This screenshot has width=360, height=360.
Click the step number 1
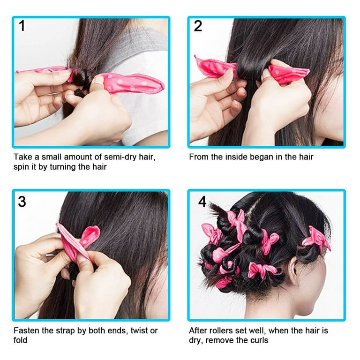point(22,26)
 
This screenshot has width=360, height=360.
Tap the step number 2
point(198,26)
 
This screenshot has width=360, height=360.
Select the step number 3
point(22,202)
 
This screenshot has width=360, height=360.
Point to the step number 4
point(202,202)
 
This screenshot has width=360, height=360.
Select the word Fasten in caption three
point(26,330)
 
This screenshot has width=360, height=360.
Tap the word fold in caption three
point(20,340)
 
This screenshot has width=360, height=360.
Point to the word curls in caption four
point(258,340)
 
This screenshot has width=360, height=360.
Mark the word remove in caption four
point(220,340)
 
